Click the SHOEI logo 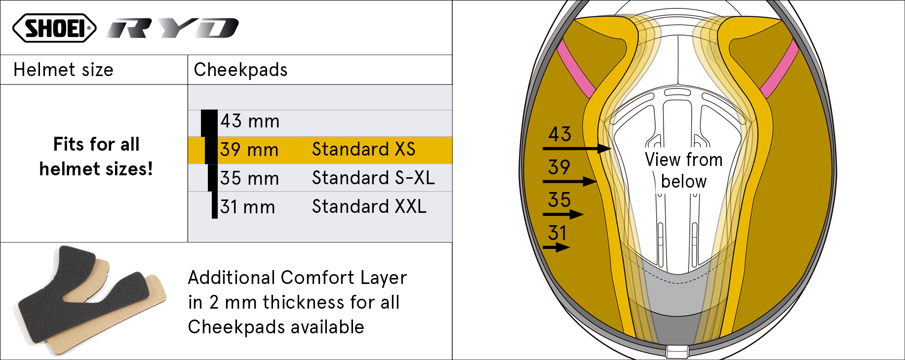[54, 28]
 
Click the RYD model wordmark [173, 28]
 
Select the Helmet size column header [63, 70]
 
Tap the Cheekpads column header [240, 70]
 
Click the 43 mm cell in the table [250, 121]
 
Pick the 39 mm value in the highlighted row [249, 150]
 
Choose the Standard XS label [363, 149]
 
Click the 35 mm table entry [250, 178]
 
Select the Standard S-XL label [373, 178]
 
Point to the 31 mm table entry [248, 207]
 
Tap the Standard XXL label [369, 206]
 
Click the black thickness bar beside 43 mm [209, 123]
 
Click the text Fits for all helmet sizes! [96, 157]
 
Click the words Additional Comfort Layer [297, 278]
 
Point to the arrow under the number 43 [577, 148]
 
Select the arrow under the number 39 [570, 182]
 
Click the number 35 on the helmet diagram [559, 200]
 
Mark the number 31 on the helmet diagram [557, 233]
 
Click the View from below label [684, 170]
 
